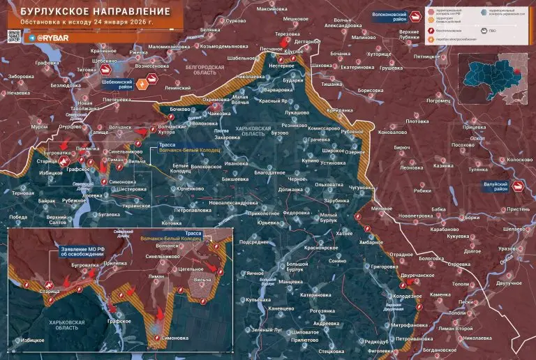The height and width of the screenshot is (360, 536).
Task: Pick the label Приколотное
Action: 263,213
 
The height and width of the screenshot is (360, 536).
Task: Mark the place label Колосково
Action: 519,160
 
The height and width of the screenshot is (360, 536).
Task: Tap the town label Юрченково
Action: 189,189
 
